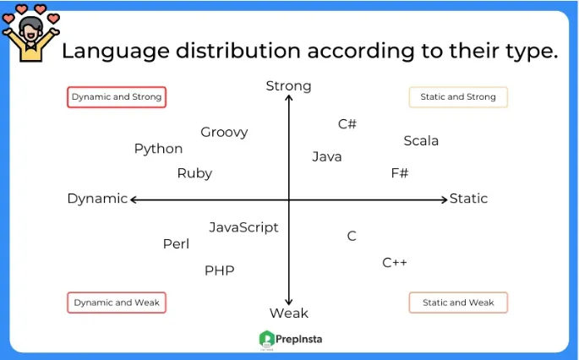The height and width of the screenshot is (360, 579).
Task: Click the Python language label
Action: click(158, 149)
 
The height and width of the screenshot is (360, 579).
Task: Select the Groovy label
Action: click(224, 132)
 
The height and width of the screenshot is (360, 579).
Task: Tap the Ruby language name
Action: click(194, 173)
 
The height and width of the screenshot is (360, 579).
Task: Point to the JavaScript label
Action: click(243, 227)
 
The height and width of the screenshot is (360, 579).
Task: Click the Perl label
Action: click(176, 244)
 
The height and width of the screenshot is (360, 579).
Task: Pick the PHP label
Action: click(219, 270)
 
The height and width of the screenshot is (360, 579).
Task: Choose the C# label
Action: click(347, 124)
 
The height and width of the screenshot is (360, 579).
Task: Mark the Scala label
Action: click(421, 141)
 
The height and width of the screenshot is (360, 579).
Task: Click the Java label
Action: click(326, 156)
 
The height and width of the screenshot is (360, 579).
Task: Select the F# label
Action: click(399, 173)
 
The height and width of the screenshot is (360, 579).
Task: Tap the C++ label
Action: click(395, 263)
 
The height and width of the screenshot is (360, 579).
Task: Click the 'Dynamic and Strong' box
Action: click(117, 97)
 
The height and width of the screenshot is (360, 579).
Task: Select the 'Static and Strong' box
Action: click(458, 97)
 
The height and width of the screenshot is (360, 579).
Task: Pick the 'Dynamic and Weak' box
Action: click(117, 303)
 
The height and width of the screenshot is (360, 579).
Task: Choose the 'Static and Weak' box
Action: click(458, 303)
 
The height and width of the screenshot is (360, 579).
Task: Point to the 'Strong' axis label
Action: click(288, 85)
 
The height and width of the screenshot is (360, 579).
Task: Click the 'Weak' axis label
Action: click(288, 314)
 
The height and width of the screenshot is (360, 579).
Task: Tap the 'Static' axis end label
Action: click(468, 199)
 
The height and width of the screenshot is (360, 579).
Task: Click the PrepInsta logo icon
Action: click(267, 339)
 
